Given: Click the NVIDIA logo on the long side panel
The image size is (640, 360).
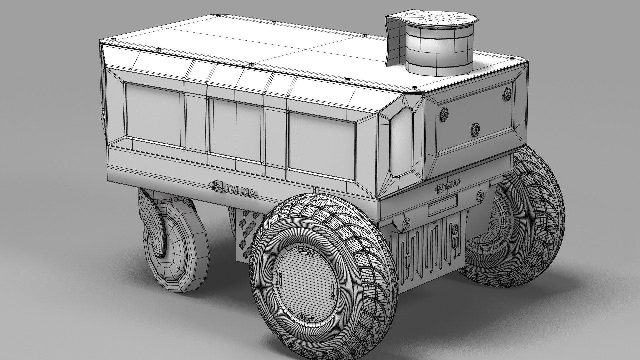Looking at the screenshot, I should click(233, 190).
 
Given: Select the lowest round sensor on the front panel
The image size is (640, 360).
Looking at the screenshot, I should click(475, 129).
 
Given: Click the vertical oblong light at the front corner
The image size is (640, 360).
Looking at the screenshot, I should click(402, 142).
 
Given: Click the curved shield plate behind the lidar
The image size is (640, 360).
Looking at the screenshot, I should click(395, 40).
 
